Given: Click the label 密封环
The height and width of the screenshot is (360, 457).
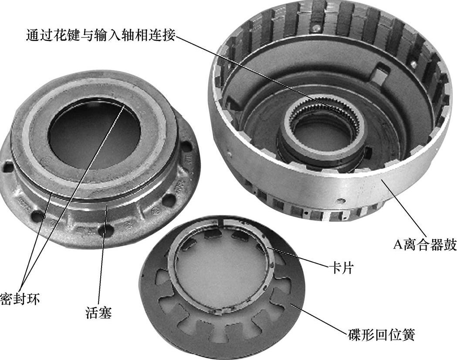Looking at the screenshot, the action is click(19, 299).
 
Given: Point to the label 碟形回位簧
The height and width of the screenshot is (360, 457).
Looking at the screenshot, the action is click(381, 335).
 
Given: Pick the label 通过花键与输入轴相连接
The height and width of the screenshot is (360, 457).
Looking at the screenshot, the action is click(101, 35).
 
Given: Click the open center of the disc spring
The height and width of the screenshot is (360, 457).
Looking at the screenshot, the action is click(221, 268).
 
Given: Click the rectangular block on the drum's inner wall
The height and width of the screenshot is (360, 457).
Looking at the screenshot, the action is click(380, 74).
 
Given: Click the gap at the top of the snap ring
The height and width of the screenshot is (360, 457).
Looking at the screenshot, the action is click(220, 222).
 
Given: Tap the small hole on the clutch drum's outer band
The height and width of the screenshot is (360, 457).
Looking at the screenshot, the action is click(339, 201).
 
